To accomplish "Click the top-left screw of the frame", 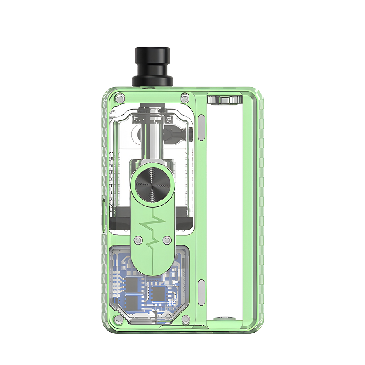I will point(118,97).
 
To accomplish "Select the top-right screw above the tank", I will point(185,97).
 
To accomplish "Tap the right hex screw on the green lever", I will point(165,240).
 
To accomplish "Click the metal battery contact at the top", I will point(223,100).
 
